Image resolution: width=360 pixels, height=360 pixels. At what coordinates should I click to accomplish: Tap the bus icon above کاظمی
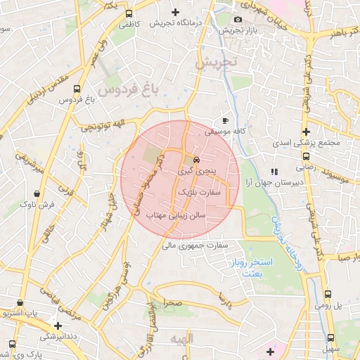(129, 13)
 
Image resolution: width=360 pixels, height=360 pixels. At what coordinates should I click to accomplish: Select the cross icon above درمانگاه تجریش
(175, 13)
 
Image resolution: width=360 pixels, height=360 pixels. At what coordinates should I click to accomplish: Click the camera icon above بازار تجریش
(238, 19)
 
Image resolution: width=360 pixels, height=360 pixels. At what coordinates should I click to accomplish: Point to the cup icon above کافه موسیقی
(225, 120)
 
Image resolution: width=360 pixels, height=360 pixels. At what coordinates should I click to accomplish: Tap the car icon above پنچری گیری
(195, 159)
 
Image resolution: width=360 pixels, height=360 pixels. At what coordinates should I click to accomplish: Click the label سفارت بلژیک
(200, 191)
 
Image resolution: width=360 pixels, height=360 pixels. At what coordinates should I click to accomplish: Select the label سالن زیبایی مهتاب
(176, 216)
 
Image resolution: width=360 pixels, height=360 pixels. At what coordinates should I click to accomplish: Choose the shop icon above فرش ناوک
(36, 193)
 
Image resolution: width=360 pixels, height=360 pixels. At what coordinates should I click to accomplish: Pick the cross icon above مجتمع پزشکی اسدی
(306, 131)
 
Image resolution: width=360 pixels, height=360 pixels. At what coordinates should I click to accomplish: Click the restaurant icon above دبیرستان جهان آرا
(274, 171)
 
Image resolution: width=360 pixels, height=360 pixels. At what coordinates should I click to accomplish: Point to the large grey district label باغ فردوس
(130, 90)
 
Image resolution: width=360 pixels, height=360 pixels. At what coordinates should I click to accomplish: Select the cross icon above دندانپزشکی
(58, 326)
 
